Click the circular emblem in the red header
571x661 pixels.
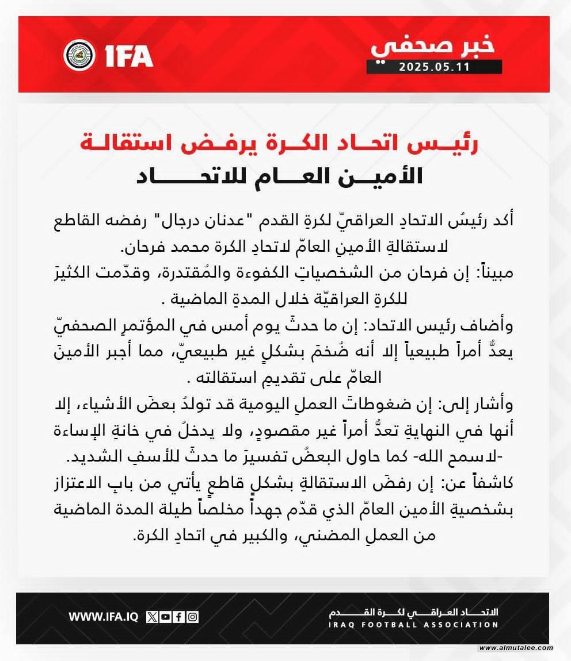79,55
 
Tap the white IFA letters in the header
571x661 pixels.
129,56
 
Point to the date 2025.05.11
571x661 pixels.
435,67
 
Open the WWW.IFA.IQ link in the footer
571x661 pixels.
103,617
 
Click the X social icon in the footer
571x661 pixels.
152,617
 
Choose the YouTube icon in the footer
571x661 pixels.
166,617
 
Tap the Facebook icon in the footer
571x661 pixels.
179,617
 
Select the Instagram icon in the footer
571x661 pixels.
193,617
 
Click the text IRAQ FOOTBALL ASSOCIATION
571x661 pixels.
413,625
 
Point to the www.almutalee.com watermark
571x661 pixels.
516,648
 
